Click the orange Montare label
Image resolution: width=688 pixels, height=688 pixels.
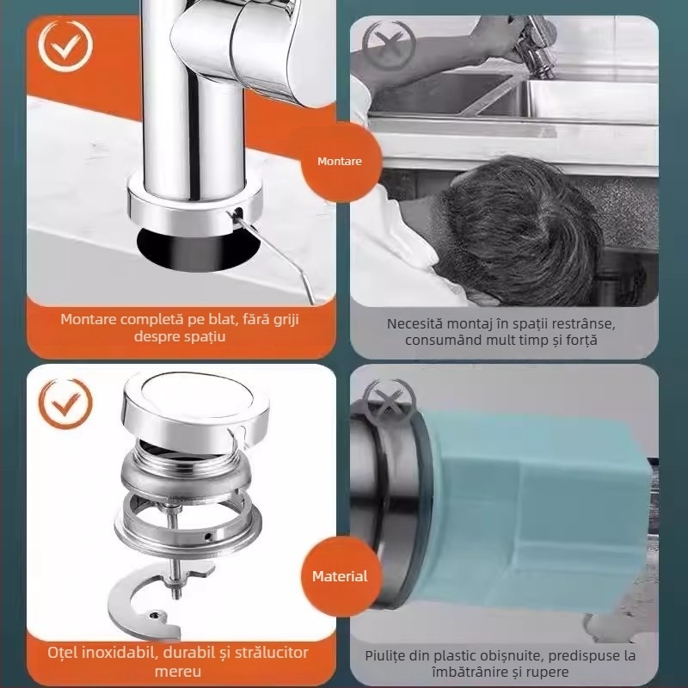point(339,161)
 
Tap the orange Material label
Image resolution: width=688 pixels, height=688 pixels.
point(339,576)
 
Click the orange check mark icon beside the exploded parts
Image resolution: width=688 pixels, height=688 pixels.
point(64,400)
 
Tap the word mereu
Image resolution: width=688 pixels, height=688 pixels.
point(179,670)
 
